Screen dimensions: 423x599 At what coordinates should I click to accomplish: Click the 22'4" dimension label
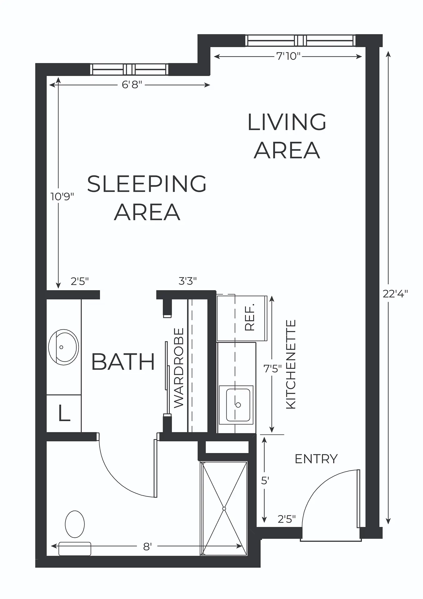pyautogui.click(x=395, y=294)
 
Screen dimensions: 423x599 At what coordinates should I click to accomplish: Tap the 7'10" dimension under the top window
pyautogui.click(x=288, y=56)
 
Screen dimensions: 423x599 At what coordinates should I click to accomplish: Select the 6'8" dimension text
pyautogui.click(x=132, y=84)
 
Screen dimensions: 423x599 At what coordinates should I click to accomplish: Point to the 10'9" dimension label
pyautogui.click(x=62, y=196)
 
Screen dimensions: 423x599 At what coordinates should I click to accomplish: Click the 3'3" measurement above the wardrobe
pyautogui.click(x=188, y=281)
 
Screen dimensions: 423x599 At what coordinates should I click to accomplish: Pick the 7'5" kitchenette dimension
pyautogui.click(x=273, y=369)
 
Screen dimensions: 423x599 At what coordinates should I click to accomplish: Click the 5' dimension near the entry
pyautogui.click(x=265, y=481)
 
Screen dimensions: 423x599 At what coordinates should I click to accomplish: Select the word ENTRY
pyautogui.click(x=316, y=459)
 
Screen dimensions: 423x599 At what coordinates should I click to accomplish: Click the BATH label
pyautogui.click(x=123, y=362)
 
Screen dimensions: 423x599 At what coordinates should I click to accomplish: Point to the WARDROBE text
pyautogui.click(x=179, y=368)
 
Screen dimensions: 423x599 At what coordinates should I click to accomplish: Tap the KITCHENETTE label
pyautogui.click(x=291, y=364)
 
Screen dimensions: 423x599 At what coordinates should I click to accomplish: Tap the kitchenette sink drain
pyautogui.click(x=238, y=405)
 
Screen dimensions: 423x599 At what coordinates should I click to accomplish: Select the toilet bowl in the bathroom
pyautogui.click(x=75, y=524)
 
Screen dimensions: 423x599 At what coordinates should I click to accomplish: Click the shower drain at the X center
pyautogui.click(x=224, y=509)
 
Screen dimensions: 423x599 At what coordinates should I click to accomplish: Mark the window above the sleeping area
pyautogui.click(x=129, y=69)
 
